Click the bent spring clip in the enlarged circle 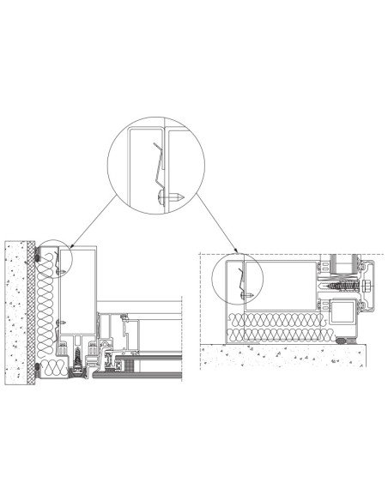click(159, 167)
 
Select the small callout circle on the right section click(239, 275)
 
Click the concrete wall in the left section click(17, 309)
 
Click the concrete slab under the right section click(283, 356)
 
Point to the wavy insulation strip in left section click(51, 309)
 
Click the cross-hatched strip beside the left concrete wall click(35, 309)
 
